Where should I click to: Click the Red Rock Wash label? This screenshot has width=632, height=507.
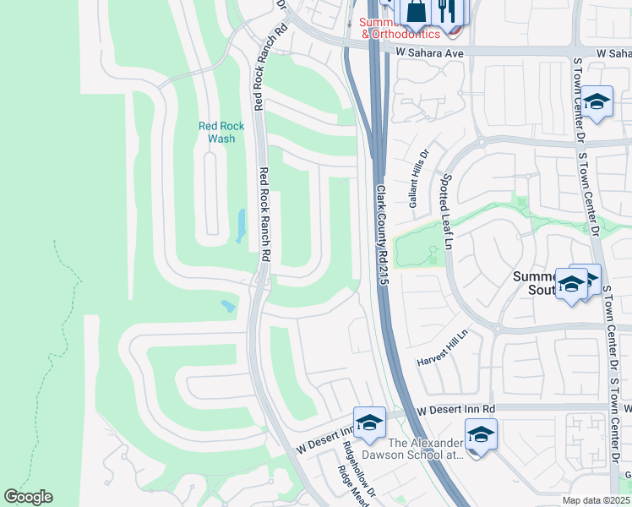pyautogui.click(x=221, y=132)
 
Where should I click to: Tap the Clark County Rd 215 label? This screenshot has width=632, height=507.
pyautogui.click(x=381, y=235)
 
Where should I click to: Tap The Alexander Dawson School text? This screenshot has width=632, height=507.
pyautogui.click(x=426, y=449)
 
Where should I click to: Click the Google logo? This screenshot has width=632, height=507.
pyautogui.click(x=28, y=497)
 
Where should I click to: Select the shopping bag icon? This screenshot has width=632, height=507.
pyautogui.click(x=417, y=12)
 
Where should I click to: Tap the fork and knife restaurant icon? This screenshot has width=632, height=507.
pyautogui.click(x=446, y=12)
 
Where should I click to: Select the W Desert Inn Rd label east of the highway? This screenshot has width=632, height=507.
pyautogui.click(x=455, y=409)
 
